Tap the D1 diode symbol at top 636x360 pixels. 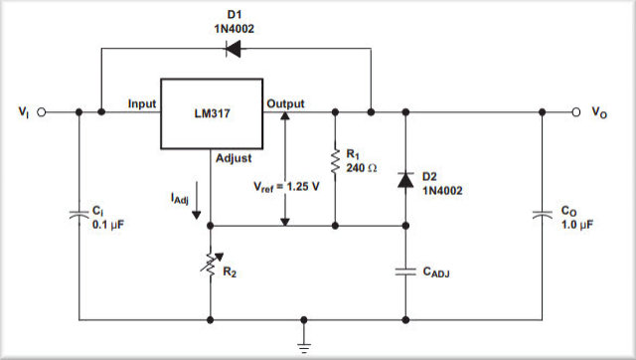pyautogui.click(x=235, y=50)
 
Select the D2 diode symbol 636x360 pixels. pyautogui.click(x=405, y=180)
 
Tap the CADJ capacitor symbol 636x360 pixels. pyautogui.click(x=405, y=270)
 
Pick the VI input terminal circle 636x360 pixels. pyautogui.click(x=42, y=112)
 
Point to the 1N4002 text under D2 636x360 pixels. pyautogui.click(x=443, y=190)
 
